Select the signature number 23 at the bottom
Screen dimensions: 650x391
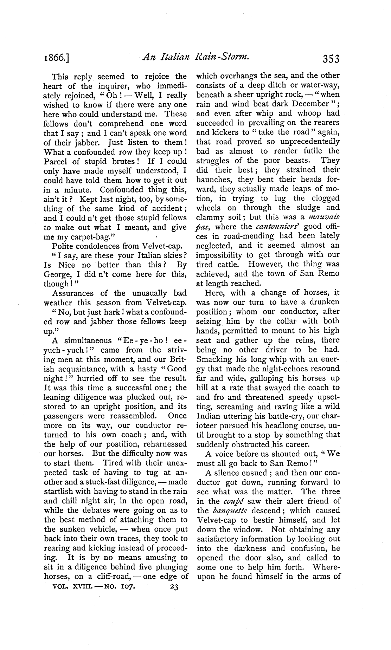tap(174, 587)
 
